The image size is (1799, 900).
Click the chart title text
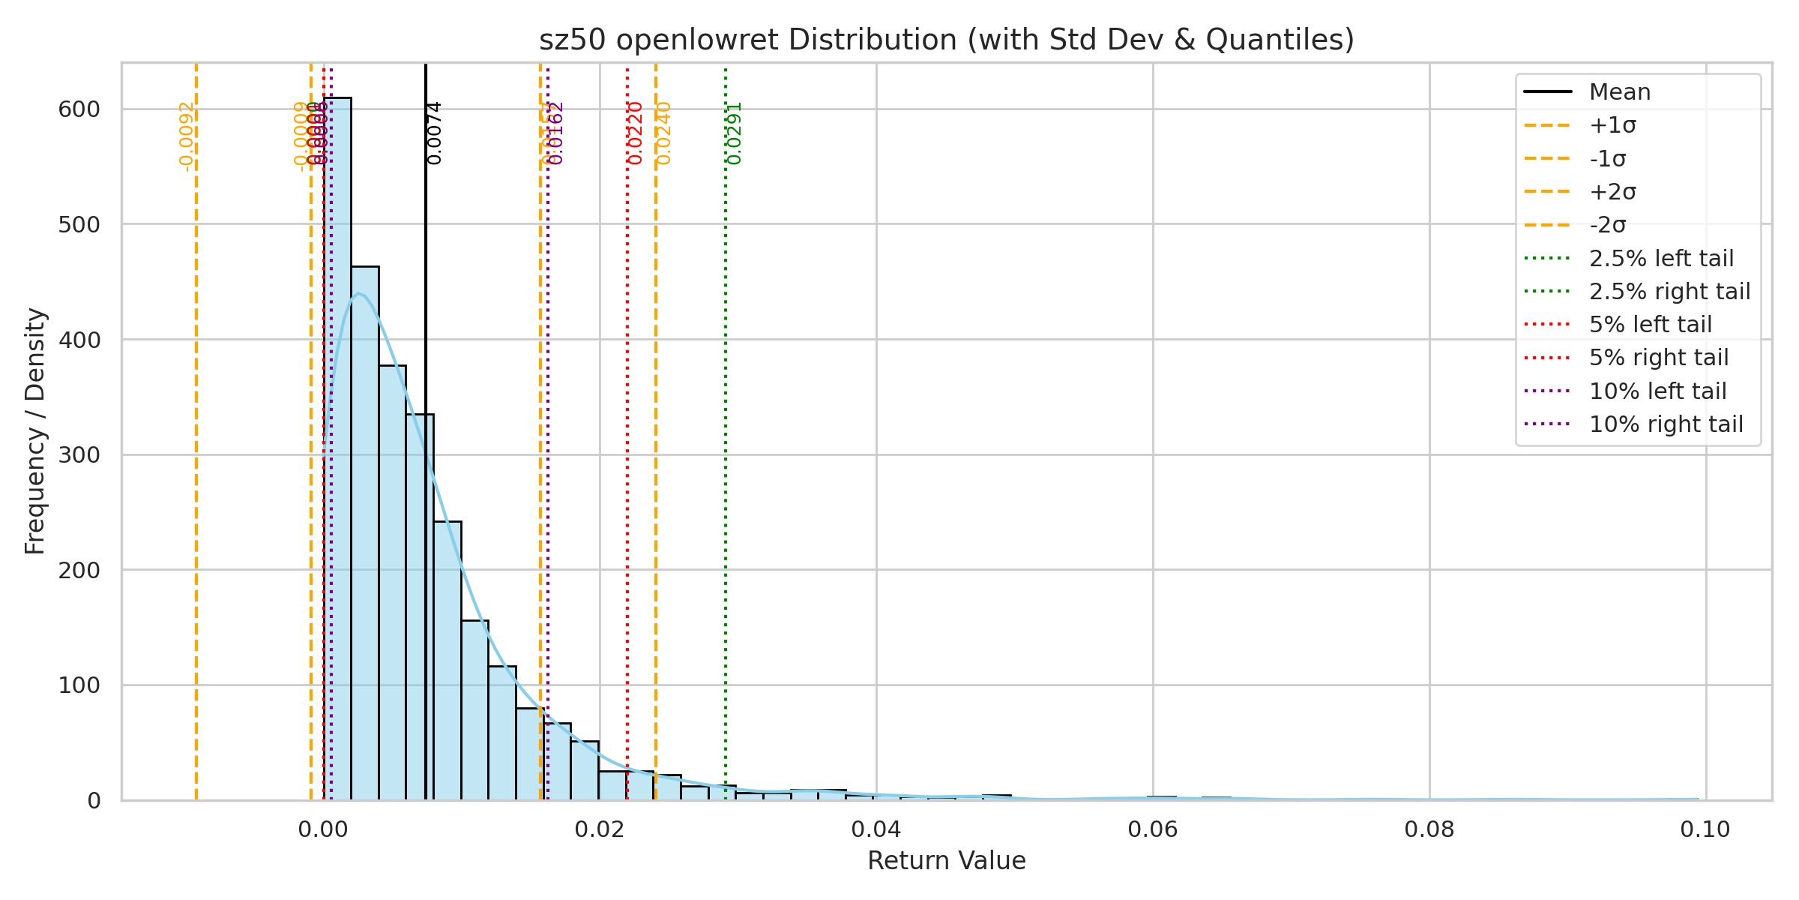pos(947,40)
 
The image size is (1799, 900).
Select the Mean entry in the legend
pos(1620,92)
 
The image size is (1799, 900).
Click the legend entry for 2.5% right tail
pos(1669,291)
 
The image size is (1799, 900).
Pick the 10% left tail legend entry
pos(1657,391)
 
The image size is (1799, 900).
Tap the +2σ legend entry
pos(1612,192)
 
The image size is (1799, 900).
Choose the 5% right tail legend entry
pos(1659,358)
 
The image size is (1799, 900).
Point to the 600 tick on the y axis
pos(79,109)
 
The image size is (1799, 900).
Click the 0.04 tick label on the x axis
pos(876,829)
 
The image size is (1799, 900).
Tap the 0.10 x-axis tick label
pos(1705,829)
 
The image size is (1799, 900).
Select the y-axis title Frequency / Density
pos(35,431)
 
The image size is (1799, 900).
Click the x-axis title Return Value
pos(947,861)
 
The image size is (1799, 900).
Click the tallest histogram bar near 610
pos(337,450)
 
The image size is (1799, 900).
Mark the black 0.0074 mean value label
pos(434,133)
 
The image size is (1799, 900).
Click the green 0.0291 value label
pos(735,133)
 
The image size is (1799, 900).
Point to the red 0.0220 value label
pos(636,133)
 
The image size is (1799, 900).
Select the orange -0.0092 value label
pos(187,136)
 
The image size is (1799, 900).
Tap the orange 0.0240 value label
pos(663,133)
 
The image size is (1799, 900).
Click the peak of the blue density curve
pos(358,293)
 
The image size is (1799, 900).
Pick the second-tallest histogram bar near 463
pos(365,532)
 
